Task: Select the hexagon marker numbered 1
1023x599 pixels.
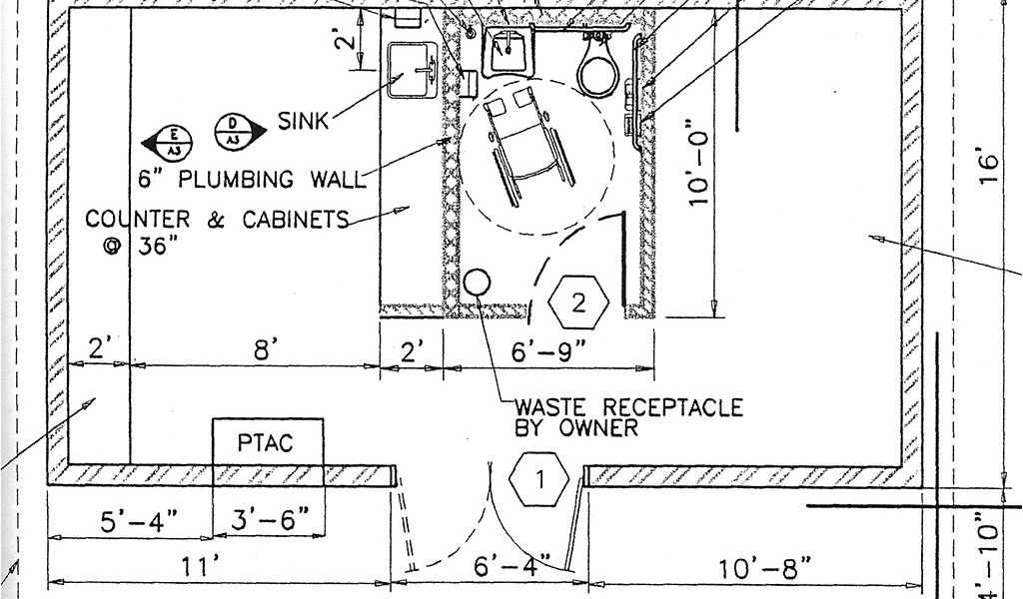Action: (538, 480)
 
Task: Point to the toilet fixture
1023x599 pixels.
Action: (597, 65)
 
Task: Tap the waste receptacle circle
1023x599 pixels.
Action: (477, 282)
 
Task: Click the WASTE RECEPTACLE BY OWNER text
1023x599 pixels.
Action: (627, 417)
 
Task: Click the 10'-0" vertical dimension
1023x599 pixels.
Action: (702, 164)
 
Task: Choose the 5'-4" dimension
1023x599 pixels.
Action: (140, 520)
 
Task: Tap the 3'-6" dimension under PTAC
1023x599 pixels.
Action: (270, 520)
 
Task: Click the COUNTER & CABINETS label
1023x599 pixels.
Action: (217, 219)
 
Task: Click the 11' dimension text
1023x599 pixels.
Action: (200, 566)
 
